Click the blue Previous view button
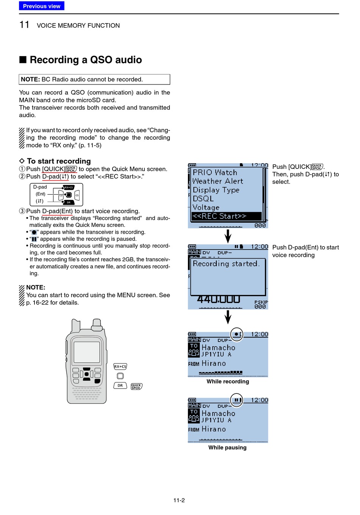[x=42, y=6]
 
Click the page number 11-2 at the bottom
[x=179, y=500]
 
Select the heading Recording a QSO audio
[x=86, y=60]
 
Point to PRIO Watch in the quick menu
[x=215, y=172]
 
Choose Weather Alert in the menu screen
[x=218, y=181]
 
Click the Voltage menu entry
[x=206, y=208]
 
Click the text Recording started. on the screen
[x=226, y=264]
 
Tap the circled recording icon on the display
[x=237, y=334]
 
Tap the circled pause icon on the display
[x=237, y=400]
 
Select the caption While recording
[x=228, y=382]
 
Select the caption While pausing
[x=227, y=448]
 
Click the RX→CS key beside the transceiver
[x=120, y=367]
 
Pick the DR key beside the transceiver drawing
[x=120, y=385]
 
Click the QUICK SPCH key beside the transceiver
[x=136, y=386]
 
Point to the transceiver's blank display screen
[x=87, y=352]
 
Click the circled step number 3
[x=22, y=211]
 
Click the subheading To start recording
[x=59, y=161]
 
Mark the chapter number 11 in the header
[x=24, y=25]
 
